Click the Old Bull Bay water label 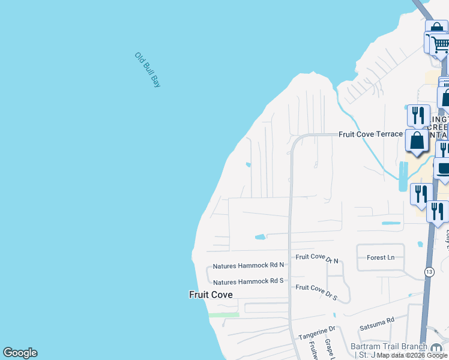148,70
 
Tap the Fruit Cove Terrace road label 370,134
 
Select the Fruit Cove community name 210,295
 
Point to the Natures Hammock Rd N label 249,265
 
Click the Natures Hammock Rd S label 249,281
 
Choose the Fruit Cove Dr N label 318,257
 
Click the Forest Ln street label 381,257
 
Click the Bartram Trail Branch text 389,346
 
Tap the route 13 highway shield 429,272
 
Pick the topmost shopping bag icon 436,29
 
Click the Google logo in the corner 20,353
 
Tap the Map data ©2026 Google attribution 412,356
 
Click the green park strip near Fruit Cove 223,314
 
